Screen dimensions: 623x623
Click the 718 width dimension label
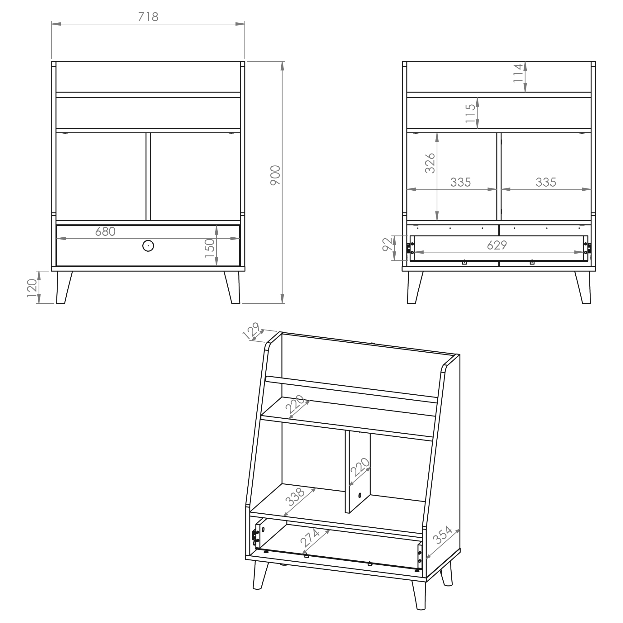[148, 17]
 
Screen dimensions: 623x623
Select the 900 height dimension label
[275, 175]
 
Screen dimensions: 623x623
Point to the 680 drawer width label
[106, 231]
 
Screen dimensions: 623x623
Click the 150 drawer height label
[210, 248]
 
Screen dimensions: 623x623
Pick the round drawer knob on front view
[148, 246]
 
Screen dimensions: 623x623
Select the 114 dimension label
[518, 73]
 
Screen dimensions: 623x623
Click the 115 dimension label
[470, 113]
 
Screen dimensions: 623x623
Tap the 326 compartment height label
[430, 163]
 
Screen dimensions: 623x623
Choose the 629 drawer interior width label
[497, 245]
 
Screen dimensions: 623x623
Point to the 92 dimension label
[387, 244]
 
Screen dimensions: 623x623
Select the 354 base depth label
[442, 535]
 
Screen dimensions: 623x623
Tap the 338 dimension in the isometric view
[295, 497]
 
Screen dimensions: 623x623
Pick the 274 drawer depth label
[310, 538]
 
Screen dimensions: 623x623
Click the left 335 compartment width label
[460, 183]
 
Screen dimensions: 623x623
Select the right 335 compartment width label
[546, 183]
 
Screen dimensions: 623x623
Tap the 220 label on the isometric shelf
[295, 404]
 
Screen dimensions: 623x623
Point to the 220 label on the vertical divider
[360, 467]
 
